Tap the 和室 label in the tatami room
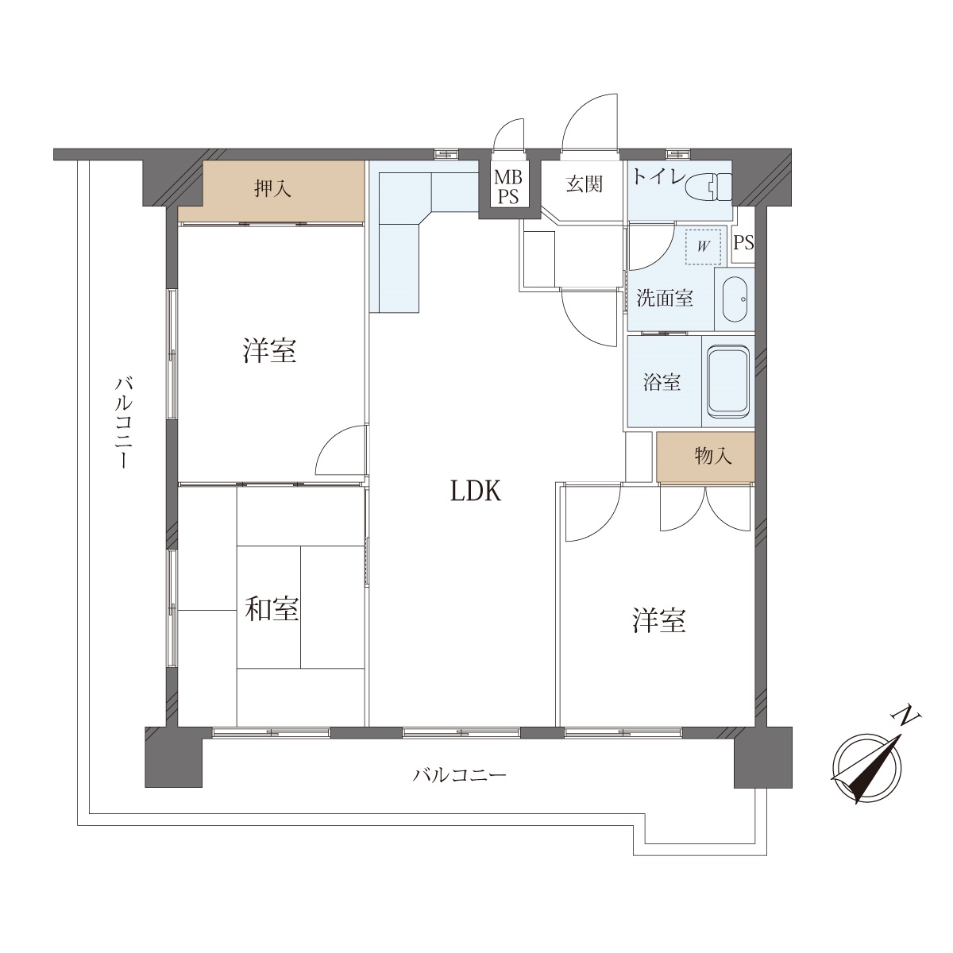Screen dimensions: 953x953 pyautogui.click(x=272, y=609)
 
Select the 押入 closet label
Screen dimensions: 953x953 pyautogui.click(x=272, y=188)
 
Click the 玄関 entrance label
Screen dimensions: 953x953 pyautogui.click(x=584, y=184)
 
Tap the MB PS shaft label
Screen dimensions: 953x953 pyautogui.click(x=508, y=187)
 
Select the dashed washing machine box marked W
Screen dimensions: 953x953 pyautogui.click(x=703, y=245)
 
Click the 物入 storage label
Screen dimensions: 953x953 pyautogui.click(x=712, y=456)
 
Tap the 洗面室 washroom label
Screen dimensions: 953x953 pyautogui.click(x=665, y=299)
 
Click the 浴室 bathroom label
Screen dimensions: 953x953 pyautogui.click(x=662, y=382)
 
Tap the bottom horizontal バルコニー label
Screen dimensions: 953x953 pyautogui.click(x=460, y=774)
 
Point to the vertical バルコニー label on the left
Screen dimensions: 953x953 pyautogui.click(x=124, y=422)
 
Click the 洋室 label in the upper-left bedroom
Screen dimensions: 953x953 pyautogui.click(x=269, y=350)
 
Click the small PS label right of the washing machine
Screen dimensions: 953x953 pyautogui.click(x=743, y=243)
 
